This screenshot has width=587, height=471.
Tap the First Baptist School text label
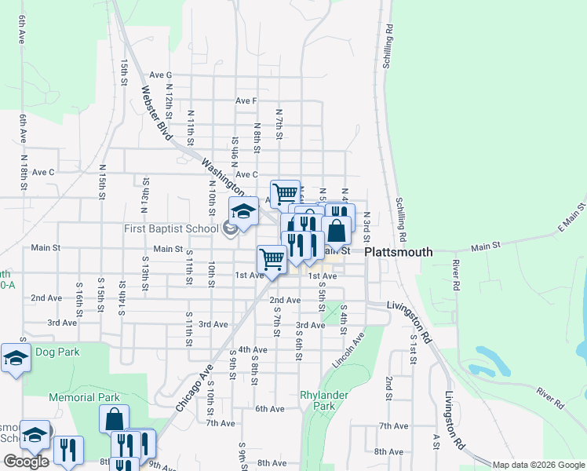click(x=170, y=229)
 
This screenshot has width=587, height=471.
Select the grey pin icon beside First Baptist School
click(x=229, y=229)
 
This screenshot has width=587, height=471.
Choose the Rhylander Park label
click(x=318, y=400)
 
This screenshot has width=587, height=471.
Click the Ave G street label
click(x=160, y=75)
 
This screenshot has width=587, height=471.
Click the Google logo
click(x=26, y=462)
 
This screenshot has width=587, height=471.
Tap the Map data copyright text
click(x=539, y=465)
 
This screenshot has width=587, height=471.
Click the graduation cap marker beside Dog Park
click(x=16, y=358)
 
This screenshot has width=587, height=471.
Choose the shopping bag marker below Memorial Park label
click(x=114, y=418)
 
